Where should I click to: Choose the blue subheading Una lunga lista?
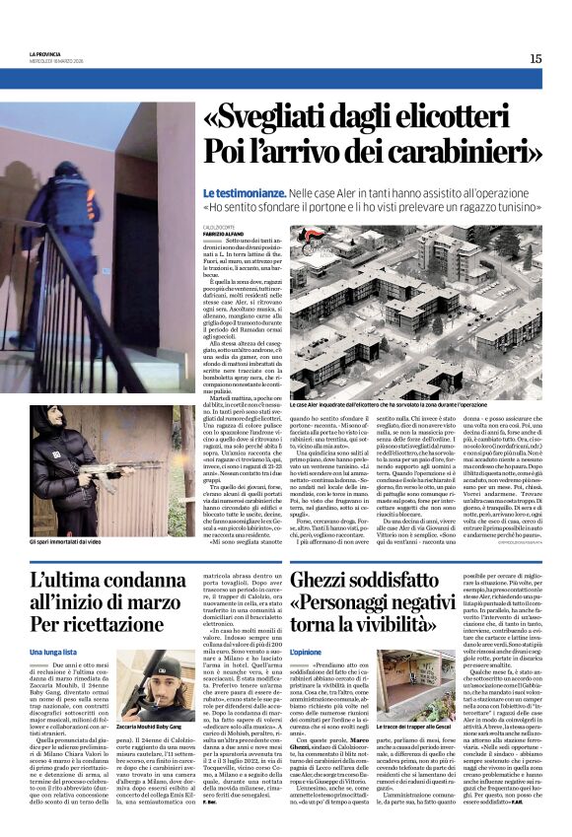[x=55, y=653]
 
